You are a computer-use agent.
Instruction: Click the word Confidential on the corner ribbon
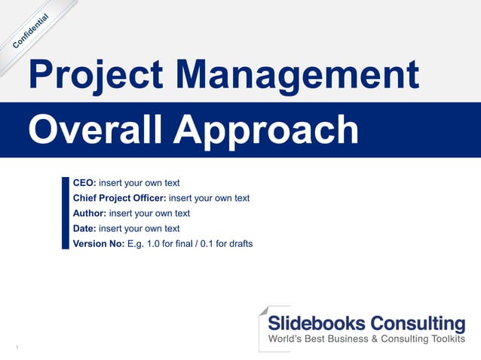32,32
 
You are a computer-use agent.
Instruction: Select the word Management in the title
301,76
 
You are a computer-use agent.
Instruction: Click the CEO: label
84,183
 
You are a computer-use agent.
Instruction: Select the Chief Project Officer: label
119,198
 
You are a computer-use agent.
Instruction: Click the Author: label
90,213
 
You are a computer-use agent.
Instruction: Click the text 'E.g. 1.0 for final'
161,243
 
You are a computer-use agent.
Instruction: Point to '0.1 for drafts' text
226,243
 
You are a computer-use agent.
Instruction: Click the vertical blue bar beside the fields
66,213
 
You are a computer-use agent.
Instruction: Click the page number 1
17,347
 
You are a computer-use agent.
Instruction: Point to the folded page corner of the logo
263,310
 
